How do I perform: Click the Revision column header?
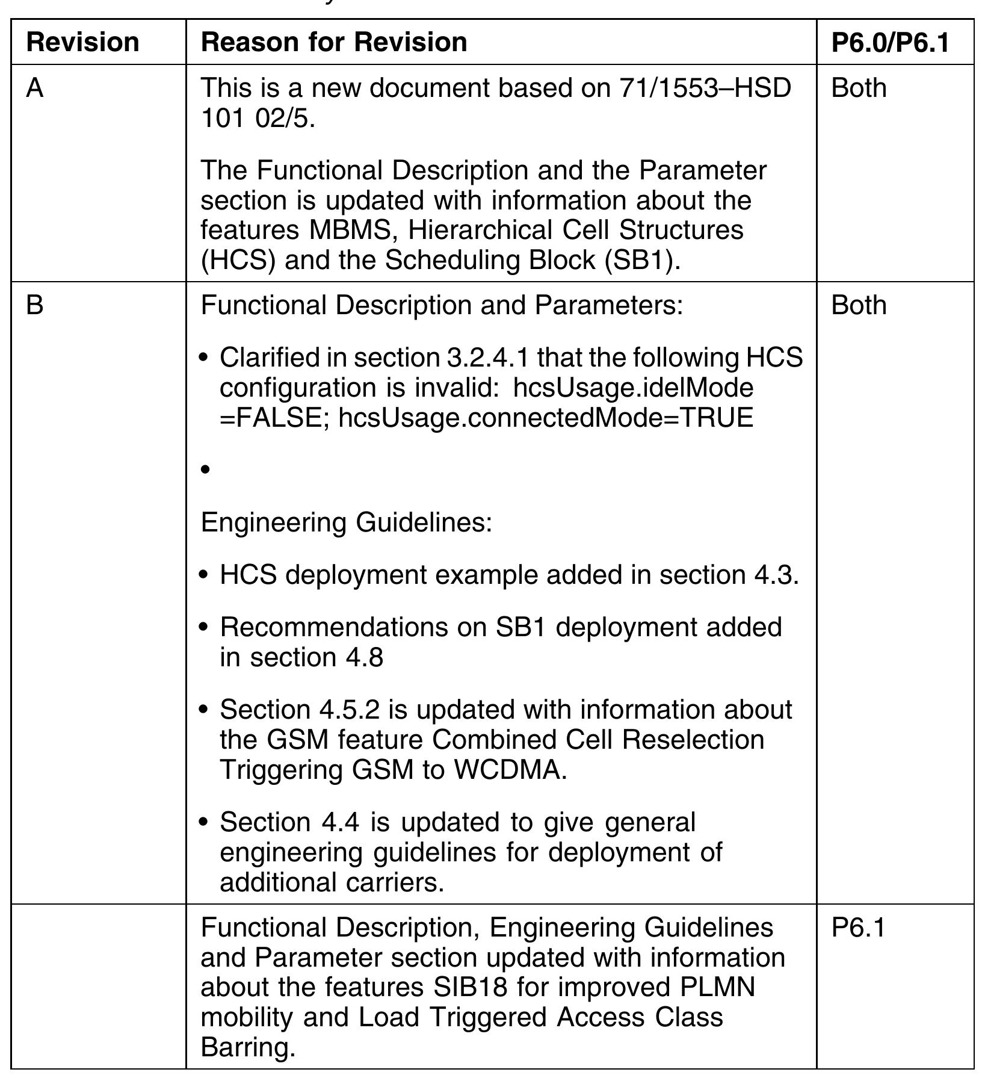(x=83, y=43)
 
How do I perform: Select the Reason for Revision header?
(x=334, y=43)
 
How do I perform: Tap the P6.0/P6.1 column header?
(x=890, y=43)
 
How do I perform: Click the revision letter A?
(x=35, y=88)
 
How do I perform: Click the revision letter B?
(x=35, y=305)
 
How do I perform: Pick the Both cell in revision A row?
(x=859, y=88)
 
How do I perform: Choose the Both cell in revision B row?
(x=859, y=305)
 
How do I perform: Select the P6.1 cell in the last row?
(x=858, y=928)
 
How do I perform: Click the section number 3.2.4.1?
(x=488, y=358)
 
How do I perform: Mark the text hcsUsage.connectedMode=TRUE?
(x=546, y=418)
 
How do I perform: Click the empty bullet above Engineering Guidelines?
(x=206, y=469)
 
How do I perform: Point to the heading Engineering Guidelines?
(x=347, y=522)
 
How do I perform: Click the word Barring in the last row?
(x=248, y=1048)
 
